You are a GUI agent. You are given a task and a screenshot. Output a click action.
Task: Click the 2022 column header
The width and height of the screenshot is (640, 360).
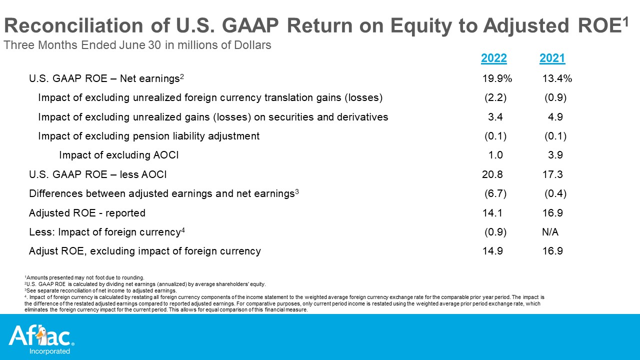[x=493, y=58]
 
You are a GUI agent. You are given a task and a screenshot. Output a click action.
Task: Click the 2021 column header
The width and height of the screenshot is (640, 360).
[x=552, y=58]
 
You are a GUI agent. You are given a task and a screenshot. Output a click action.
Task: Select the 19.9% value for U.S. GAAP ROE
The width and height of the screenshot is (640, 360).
[x=497, y=78]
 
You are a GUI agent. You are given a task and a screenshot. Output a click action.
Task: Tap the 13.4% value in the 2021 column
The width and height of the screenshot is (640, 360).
[x=557, y=78]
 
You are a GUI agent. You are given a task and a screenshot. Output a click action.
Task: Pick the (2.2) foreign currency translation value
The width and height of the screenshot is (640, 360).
[x=495, y=97]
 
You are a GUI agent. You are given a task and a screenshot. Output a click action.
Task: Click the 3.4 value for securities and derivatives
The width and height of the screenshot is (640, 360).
[x=495, y=117]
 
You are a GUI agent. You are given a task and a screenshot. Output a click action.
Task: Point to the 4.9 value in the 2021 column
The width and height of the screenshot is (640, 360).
[x=555, y=117]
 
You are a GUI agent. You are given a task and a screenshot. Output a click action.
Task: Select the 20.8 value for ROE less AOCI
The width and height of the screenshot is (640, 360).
[x=492, y=174]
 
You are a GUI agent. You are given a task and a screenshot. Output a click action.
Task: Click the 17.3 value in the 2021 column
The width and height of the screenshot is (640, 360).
[x=552, y=174]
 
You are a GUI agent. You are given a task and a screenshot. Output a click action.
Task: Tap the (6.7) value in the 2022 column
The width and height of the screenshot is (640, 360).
[x=495, y=193]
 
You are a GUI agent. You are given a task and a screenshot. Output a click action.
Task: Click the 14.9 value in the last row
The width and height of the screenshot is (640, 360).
[x=492, y=251]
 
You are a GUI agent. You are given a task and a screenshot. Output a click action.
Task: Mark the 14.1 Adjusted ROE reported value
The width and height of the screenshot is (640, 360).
[x=492, y=213]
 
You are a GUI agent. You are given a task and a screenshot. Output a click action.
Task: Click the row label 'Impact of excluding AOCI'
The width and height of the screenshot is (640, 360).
[x=118, y=155]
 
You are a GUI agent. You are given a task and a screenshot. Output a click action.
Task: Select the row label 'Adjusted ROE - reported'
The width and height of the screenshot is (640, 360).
[x=87, y=213]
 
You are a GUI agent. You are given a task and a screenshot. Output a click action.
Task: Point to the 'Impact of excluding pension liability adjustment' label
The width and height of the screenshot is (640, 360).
[x=148, y=136]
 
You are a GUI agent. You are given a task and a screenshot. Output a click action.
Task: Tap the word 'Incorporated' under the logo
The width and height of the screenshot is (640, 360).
[x=49, y=351]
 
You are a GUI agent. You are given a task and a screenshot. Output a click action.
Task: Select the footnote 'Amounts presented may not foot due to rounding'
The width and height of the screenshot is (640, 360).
[x=84, y=277]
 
